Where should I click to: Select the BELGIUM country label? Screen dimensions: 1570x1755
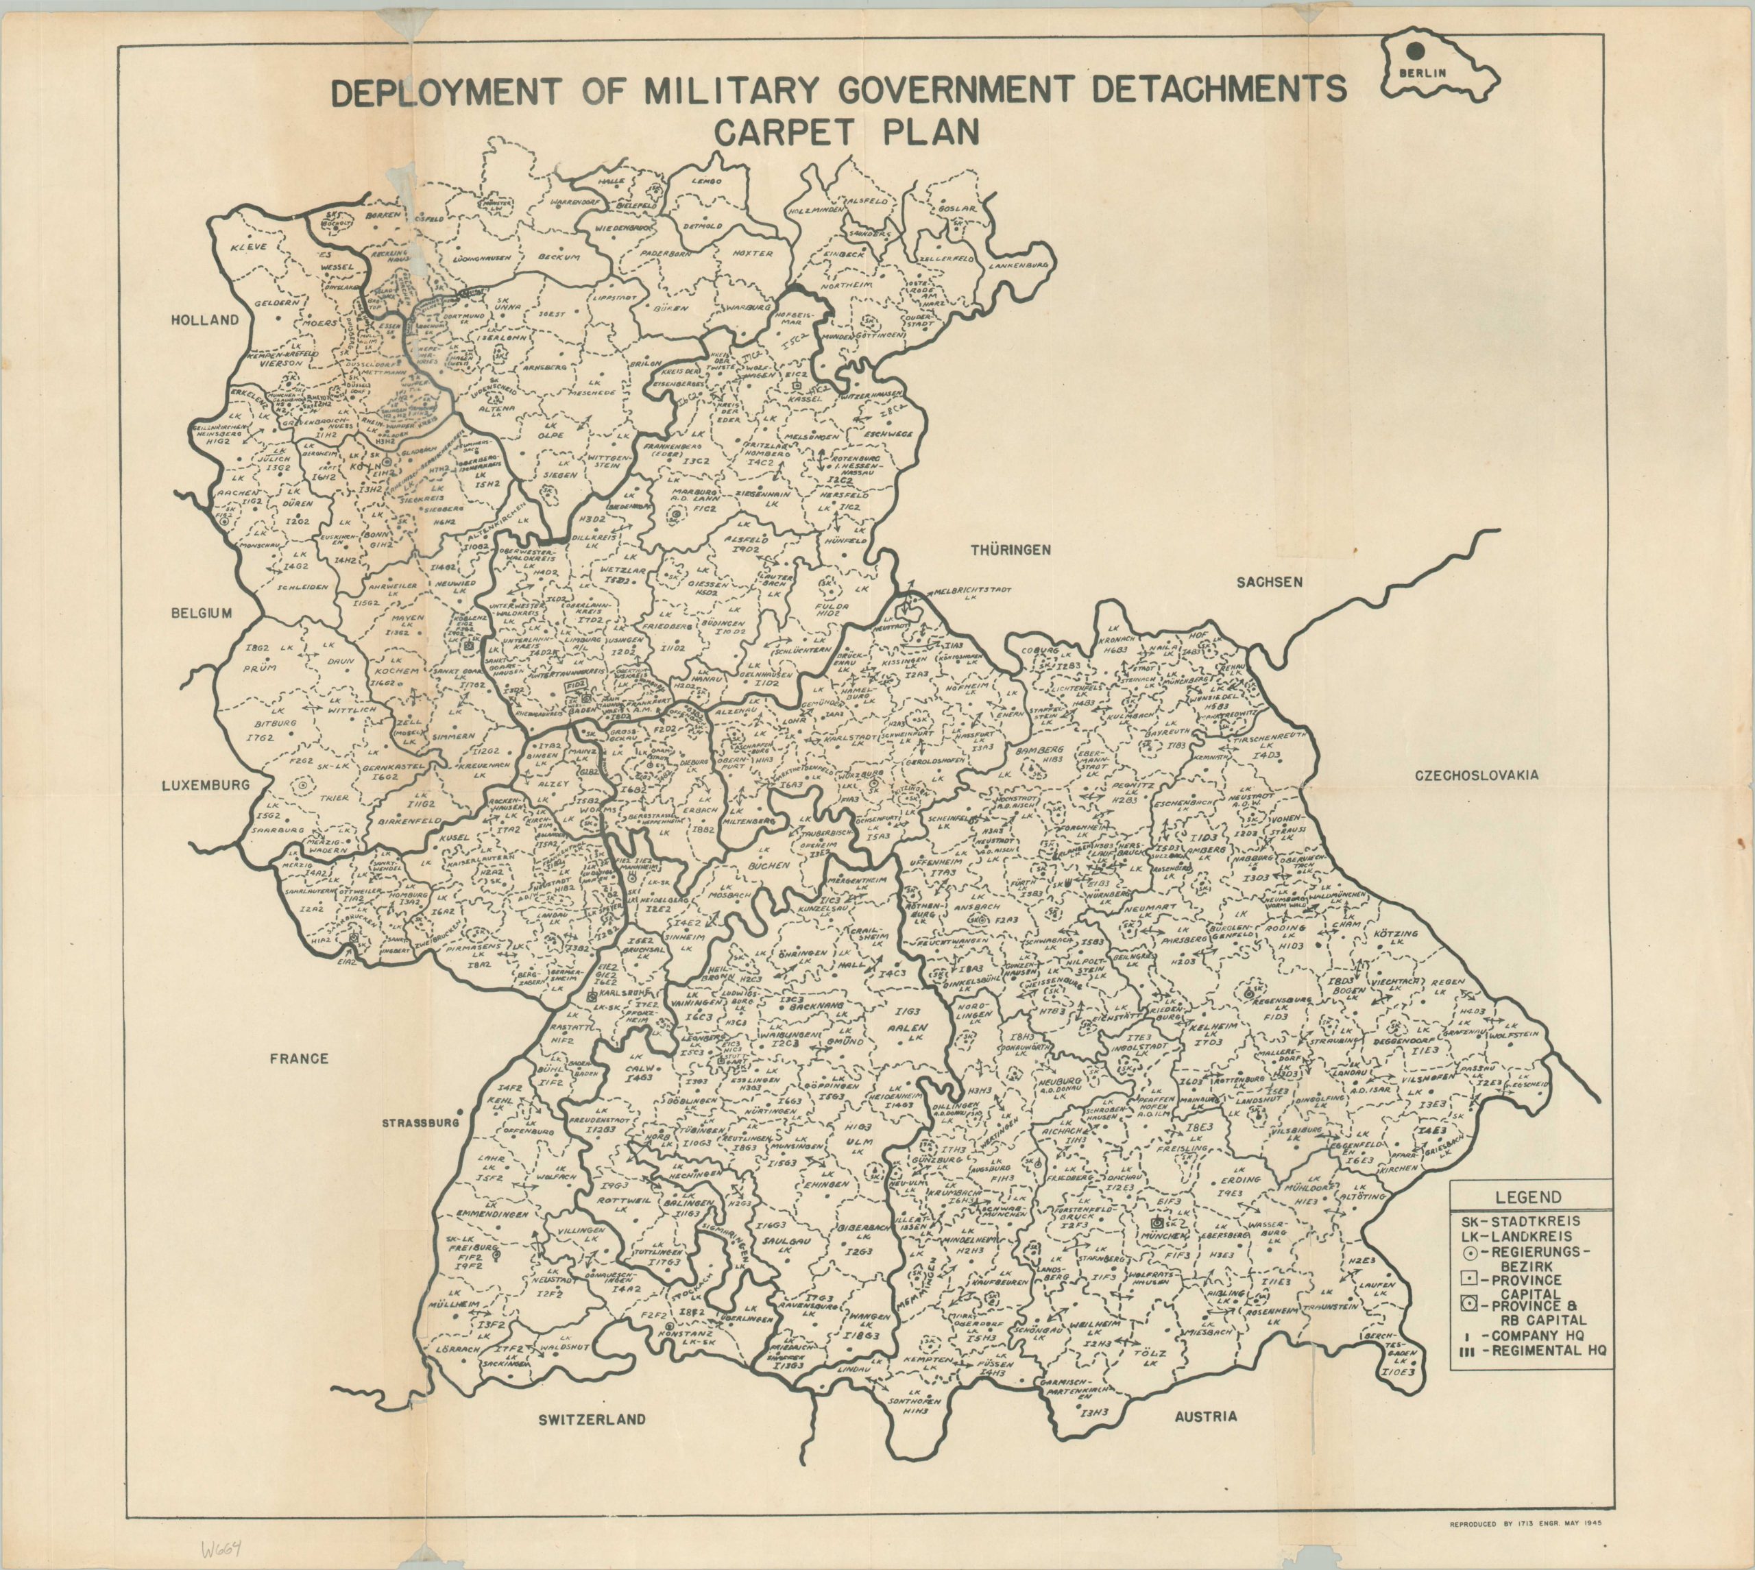(x=202, y=614)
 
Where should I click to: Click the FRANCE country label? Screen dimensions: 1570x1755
(x=298, y=1058)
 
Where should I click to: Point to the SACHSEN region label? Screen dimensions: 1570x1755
(x=1270, y=581)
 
